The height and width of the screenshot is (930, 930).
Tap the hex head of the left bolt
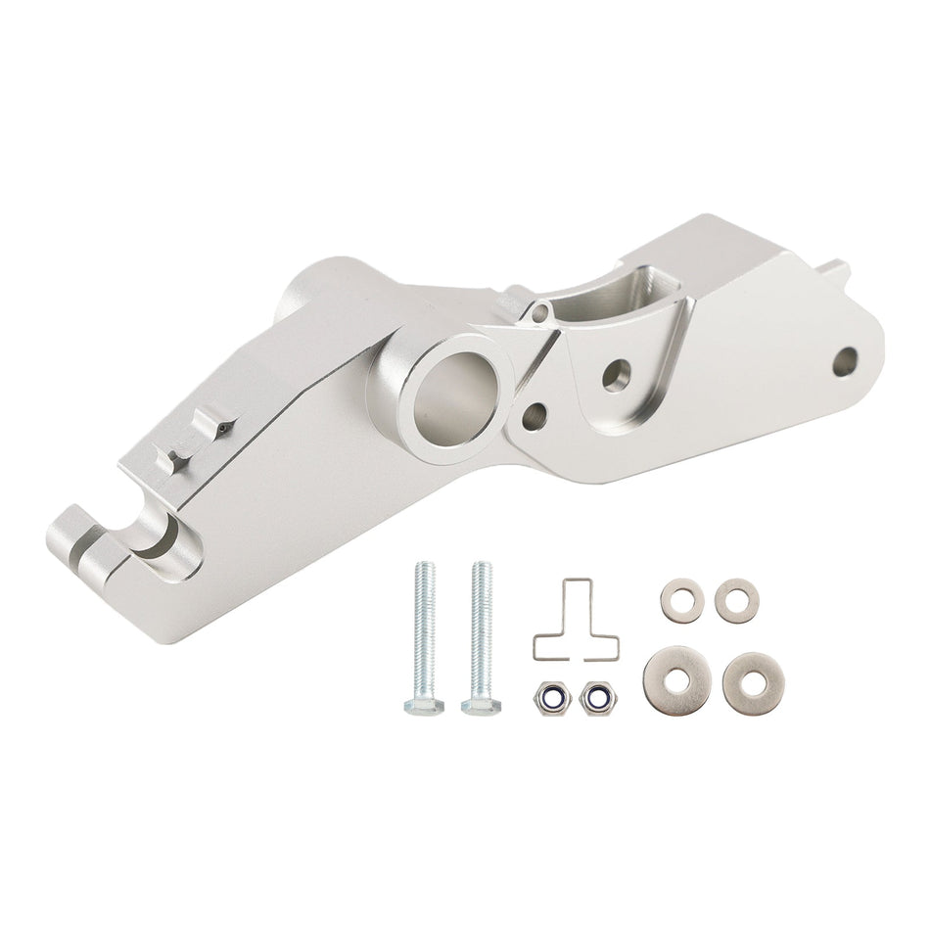tap(423, 704)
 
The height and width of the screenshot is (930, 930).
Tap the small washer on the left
tap(680, 600)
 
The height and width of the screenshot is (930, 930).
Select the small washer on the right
tap(735, 599)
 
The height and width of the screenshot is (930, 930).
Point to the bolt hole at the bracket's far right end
tap(845, 361)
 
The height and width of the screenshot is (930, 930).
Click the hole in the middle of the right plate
tap(616, 375)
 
